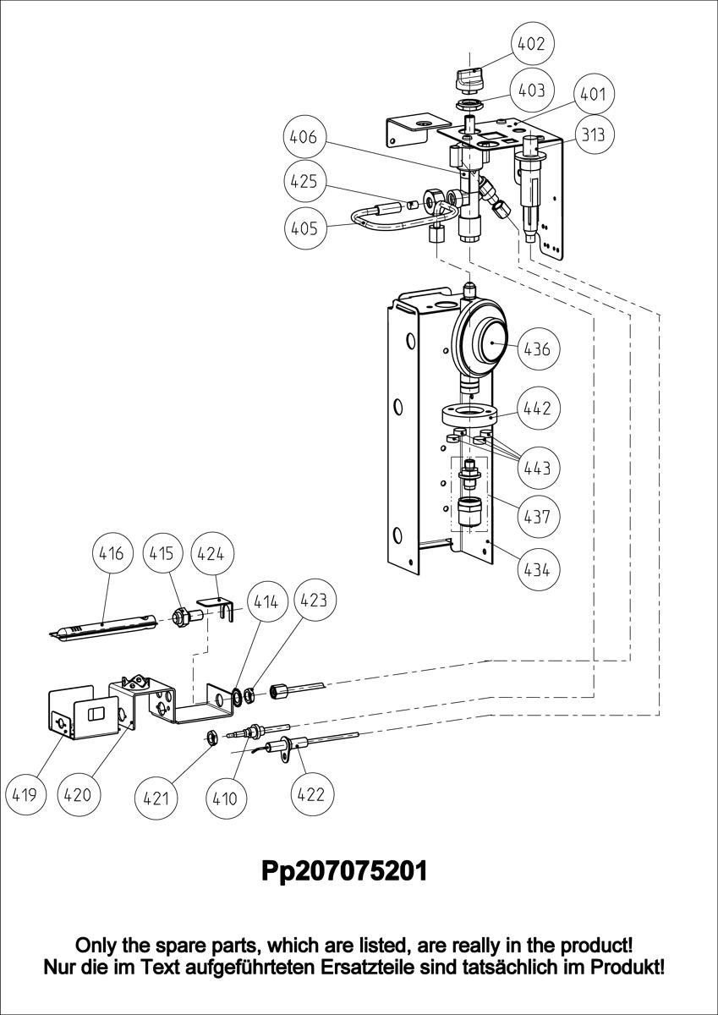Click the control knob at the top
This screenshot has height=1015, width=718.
click(469, 80)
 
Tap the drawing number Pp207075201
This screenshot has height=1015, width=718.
click(344, 870)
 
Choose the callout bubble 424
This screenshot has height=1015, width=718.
click(211, 554)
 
